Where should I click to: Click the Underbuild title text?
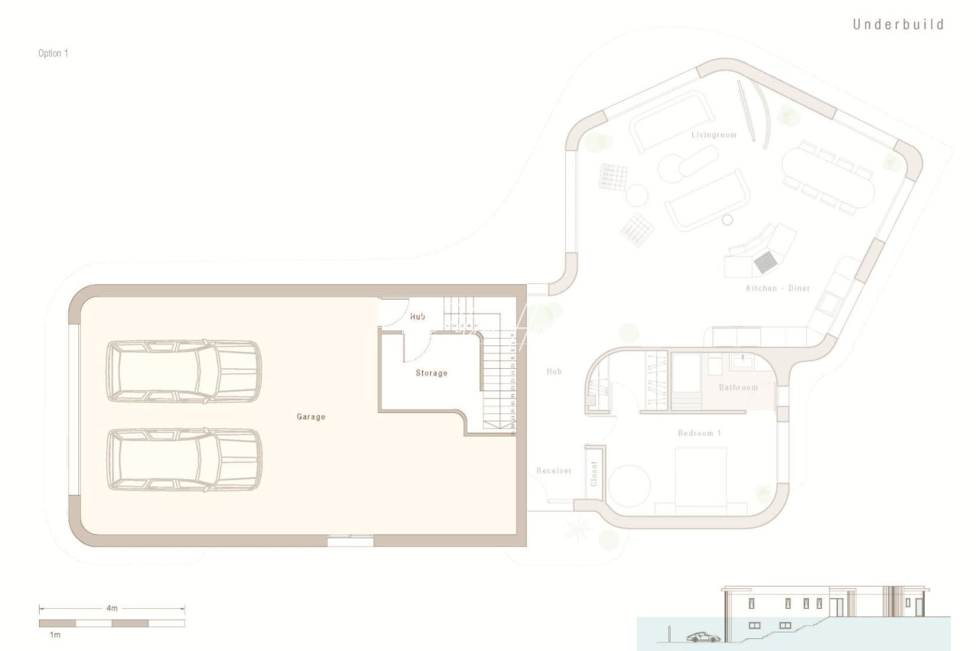pyautogui.click(x=898, y=25)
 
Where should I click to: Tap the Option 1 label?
pyautogui.click(x=53, y=53)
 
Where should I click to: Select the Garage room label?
pyautogui.click(x=311, y=417)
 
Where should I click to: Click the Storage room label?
pyautogui.click(x=431, y=373)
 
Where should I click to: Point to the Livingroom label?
pyautogui.click(x=714, y=134)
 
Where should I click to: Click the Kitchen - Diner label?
pyautogui.click(x=778, y=288)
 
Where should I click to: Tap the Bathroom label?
pyautogui.click(x=738, y=387)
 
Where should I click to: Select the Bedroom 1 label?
pyautogui.click(x=699, y=433)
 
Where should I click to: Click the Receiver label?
pyautogui.click(x=554, y=471)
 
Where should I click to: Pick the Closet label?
pyautogui.click(x=594, y=474)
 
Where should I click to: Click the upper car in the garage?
pyautogui.click(x=184, y=371)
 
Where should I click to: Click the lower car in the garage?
pyautogui.click(x=184, y=459)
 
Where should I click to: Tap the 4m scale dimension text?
pyautogui.click(x=112, y=608)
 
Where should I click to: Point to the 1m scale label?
pyautogui.click(x=55, y=635)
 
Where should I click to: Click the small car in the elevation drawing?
pyautogui.click(x=703, y=637)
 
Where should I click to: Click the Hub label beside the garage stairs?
pyautogui.click(x=418, y=316)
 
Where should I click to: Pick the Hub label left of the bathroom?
pyautogui.click(x=554, y=371)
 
